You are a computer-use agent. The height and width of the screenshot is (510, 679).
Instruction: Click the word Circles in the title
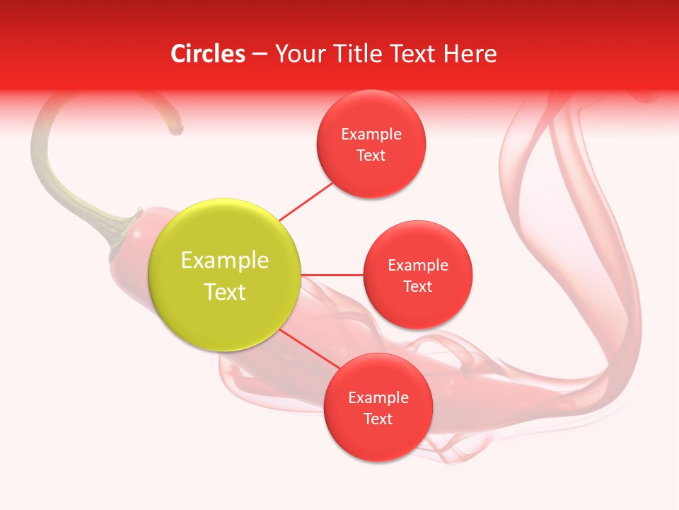point(208,54)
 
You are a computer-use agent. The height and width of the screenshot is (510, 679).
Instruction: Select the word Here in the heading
point(470,54)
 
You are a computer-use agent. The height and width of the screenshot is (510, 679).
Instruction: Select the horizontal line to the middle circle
point(332,275)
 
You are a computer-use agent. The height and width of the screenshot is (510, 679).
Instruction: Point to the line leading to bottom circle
point(308,351)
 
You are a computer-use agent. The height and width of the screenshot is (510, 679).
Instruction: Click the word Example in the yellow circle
point(225,261)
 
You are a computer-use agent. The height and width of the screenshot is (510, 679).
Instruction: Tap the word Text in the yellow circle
point(225,292)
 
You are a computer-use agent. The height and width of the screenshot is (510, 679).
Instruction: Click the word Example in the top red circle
point(371,135)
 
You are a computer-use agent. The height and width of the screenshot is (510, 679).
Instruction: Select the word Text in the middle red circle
point(417,287)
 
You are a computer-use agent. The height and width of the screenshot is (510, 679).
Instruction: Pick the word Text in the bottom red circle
point(378,419)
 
